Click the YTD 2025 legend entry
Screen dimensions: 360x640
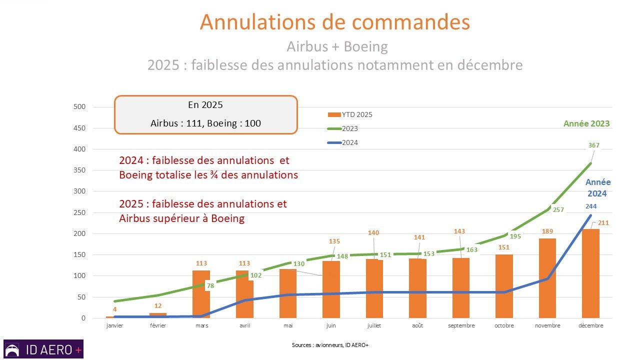349,114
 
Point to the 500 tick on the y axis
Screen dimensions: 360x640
80,107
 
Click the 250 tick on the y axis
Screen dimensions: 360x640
80,212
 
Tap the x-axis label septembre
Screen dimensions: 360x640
461,325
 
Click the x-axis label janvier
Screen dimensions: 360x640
114,325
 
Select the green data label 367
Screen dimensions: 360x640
593,145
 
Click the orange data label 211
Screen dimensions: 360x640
603,222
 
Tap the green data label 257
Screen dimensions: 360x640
558,210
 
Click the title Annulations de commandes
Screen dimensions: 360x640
334,22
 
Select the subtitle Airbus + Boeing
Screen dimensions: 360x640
337,46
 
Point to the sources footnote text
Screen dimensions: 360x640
330,345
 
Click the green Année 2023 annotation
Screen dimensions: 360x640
586,123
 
